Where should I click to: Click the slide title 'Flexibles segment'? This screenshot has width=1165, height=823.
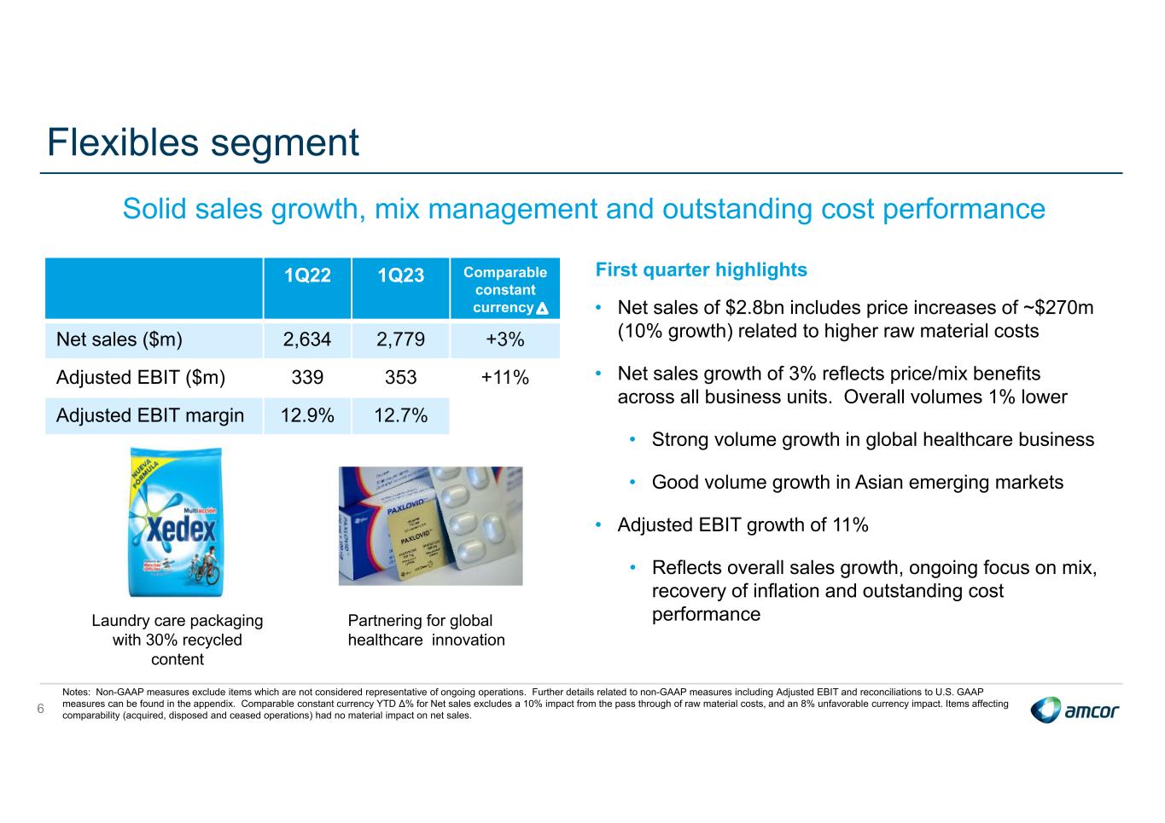[203, 142]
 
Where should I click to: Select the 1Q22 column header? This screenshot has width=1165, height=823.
[307, 275]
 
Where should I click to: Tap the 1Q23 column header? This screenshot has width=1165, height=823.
[400, 275]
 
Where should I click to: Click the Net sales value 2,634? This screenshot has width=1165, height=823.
[307, 340]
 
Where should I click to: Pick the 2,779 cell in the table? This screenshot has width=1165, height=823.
[400, 340]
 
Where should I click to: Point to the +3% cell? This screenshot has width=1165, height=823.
[504, 340]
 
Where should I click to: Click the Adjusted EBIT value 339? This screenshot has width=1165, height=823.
[307, 378]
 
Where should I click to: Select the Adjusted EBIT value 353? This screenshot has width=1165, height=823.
[400, 378]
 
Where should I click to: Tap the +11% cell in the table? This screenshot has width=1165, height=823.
[504, 378]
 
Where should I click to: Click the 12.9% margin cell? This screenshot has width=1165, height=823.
[307, 416]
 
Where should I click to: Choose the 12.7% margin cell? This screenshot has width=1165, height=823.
[400, 416]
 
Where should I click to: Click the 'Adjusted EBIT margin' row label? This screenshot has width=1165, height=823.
[150, 416]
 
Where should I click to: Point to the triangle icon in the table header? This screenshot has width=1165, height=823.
[542, 309]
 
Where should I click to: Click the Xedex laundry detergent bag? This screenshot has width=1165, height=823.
[177, 522]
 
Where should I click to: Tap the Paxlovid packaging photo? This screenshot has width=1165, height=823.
[430, 525]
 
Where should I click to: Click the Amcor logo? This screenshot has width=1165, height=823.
[1075, 710]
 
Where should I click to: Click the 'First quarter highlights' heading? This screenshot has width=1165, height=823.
[701, 270]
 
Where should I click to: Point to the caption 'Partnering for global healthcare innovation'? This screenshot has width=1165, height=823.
[426, 630]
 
